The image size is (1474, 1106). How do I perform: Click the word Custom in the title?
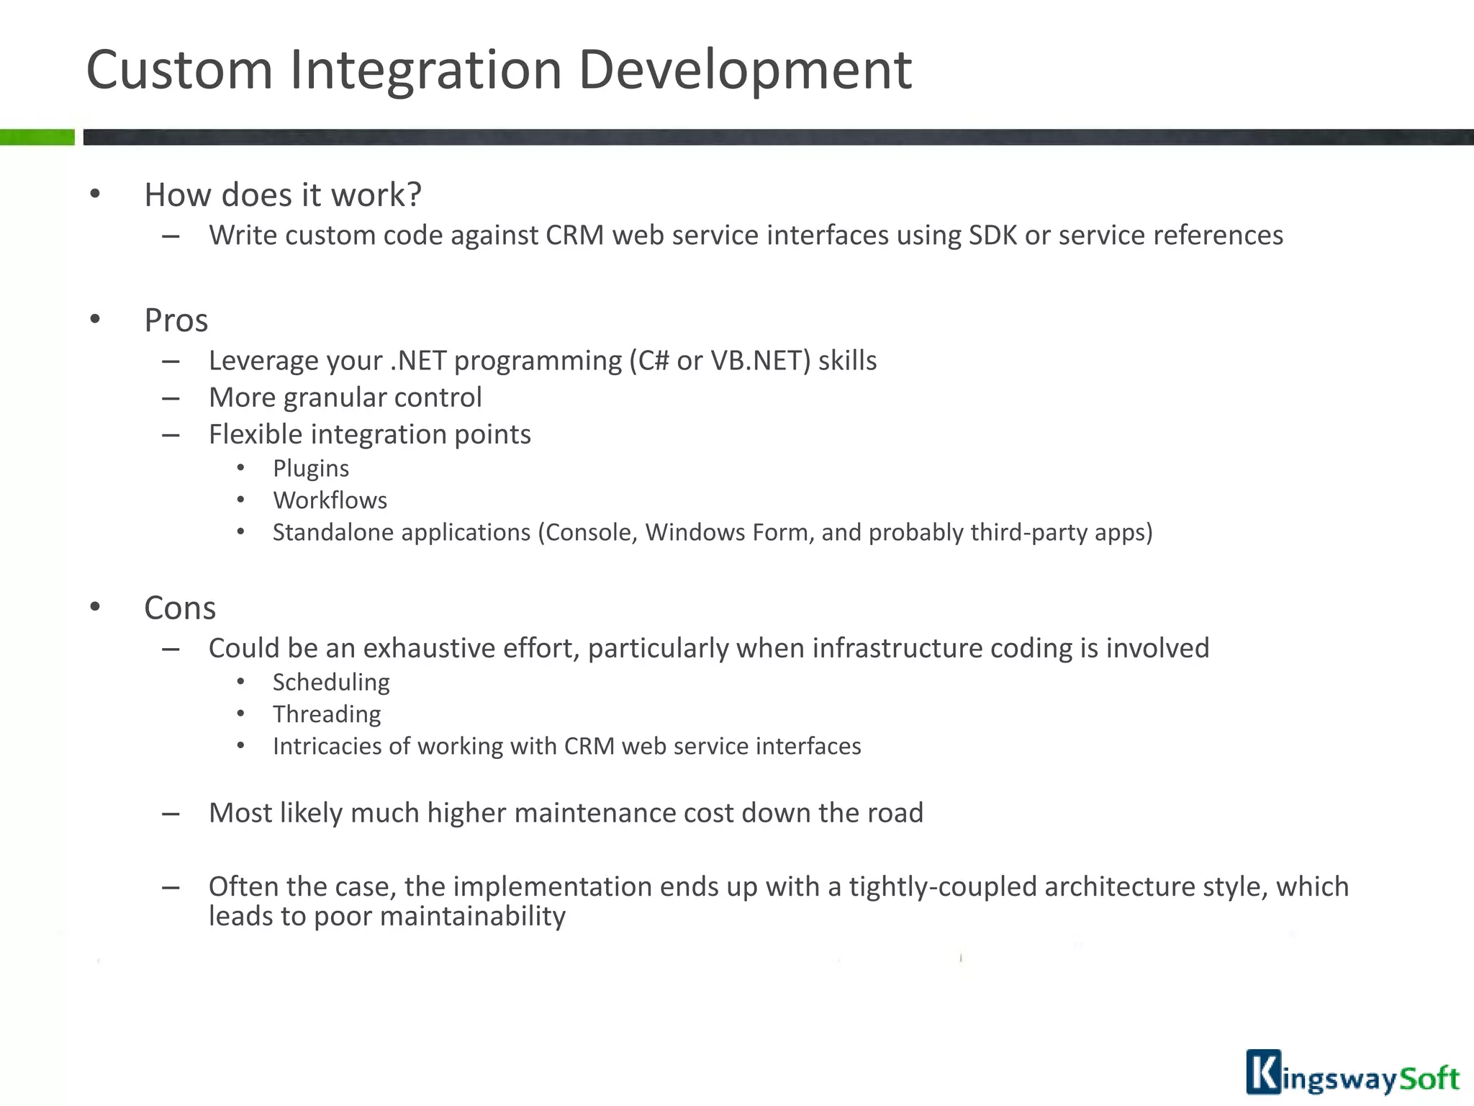click(179, 70)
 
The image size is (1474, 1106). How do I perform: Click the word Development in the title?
click(745, 70)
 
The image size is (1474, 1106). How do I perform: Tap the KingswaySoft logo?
click(1352, 1074)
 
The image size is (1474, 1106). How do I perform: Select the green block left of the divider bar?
click(37, 137)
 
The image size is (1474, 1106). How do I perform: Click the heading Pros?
click(176, 320)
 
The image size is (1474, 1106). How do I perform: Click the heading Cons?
click(180, 608)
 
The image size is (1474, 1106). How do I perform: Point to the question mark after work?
click(413, 194)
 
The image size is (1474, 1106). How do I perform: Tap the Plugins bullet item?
click(311, 469)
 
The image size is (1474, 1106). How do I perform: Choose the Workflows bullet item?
click(330, 500)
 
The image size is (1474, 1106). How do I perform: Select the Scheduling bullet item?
click(331, 682)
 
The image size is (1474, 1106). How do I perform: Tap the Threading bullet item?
click(327, 714)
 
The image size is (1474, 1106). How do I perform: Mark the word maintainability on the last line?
click(472, 917)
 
